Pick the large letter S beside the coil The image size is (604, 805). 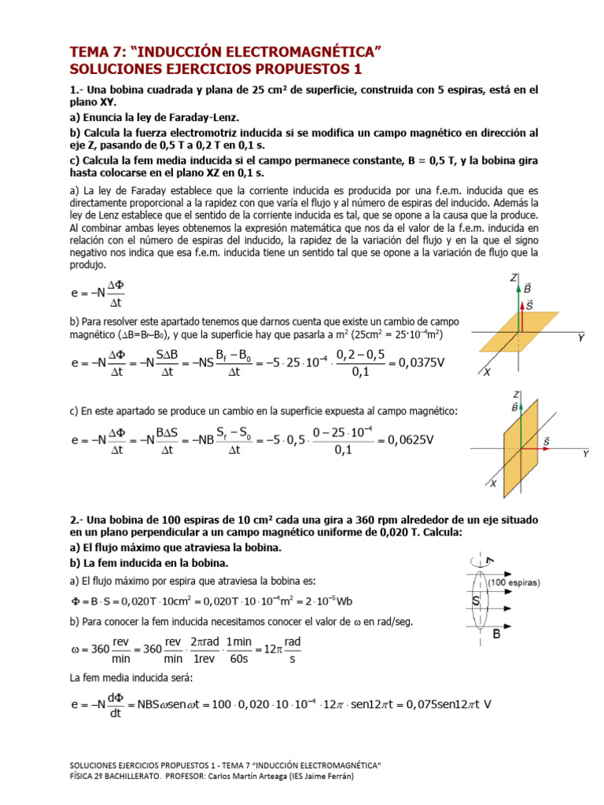(477, 601)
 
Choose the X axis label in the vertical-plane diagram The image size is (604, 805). (494, 483)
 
